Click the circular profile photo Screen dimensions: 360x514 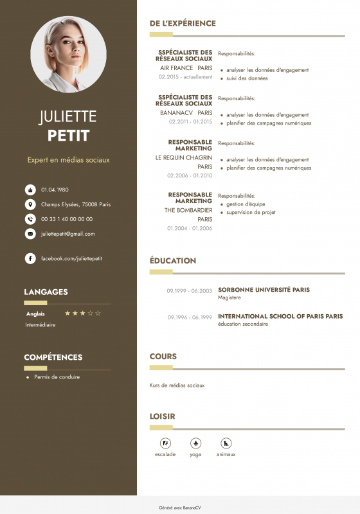(68, 54)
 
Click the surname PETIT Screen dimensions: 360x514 (68, 136)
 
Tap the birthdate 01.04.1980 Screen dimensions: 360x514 (55, 190)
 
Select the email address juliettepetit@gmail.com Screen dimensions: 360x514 (67, 234)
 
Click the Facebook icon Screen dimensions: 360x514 (30, 258)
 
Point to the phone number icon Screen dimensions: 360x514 (30, 219)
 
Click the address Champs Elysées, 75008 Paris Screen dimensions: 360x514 (76, 204)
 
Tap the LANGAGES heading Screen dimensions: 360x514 (46, 292)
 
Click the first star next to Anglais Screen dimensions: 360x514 (67, 314)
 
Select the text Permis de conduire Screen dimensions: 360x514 (57, 377)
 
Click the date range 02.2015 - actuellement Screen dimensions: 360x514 (185, 76)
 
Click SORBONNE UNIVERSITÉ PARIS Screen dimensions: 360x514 (264, 290)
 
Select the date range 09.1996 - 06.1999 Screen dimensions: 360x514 (190, 317)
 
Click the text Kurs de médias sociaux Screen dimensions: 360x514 (177, 385)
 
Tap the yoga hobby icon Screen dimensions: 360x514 (195, 443)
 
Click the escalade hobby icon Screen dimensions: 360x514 (165, 443)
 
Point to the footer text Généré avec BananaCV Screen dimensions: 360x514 (179, 507)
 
